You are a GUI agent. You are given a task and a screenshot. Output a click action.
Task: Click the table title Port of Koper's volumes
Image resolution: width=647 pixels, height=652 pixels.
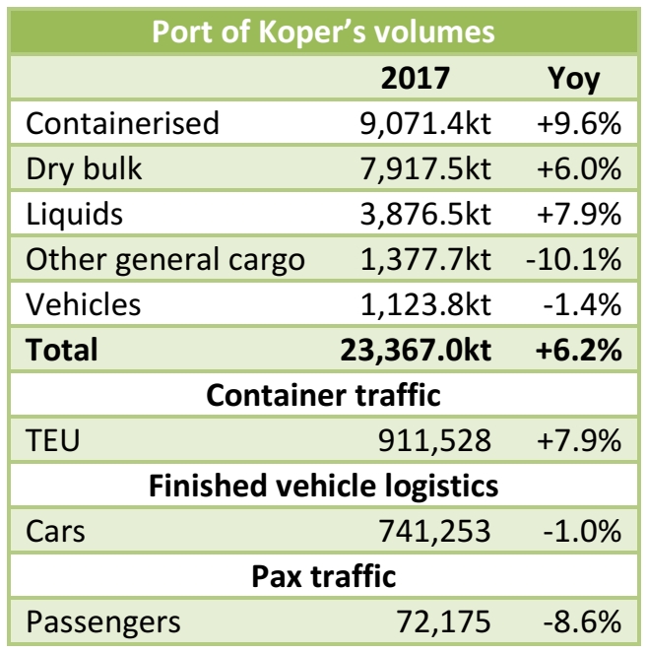click(323, 32)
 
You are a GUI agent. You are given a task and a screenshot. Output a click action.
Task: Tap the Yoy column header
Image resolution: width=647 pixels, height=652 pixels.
click(572, 79)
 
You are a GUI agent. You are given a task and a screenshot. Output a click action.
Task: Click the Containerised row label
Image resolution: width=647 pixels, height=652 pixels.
click(123, 124)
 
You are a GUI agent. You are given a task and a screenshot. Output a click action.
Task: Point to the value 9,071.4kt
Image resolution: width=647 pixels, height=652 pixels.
click(424, 124)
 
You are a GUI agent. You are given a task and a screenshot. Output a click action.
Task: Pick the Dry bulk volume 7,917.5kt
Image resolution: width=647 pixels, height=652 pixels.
click(424, 168)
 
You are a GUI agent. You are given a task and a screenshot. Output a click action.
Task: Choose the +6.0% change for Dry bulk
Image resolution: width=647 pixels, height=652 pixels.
click(578, 168)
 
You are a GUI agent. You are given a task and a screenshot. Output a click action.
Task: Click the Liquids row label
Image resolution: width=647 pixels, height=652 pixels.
click(76, 214)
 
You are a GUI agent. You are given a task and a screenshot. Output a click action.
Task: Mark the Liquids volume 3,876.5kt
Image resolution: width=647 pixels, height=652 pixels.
click(424, 214)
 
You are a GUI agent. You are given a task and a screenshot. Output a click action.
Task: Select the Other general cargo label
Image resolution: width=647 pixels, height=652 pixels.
click(165, 259)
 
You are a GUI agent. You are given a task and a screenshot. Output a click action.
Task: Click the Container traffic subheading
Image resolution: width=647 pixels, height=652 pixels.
click(323, 395)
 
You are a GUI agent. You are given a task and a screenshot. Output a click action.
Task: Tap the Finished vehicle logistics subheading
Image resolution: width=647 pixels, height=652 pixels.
click(323, 486)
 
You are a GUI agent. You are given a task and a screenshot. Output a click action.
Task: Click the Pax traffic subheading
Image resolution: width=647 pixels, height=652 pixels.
click(323, 576)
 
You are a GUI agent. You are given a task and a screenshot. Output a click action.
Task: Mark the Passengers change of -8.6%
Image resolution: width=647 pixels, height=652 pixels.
click(581, 621)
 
